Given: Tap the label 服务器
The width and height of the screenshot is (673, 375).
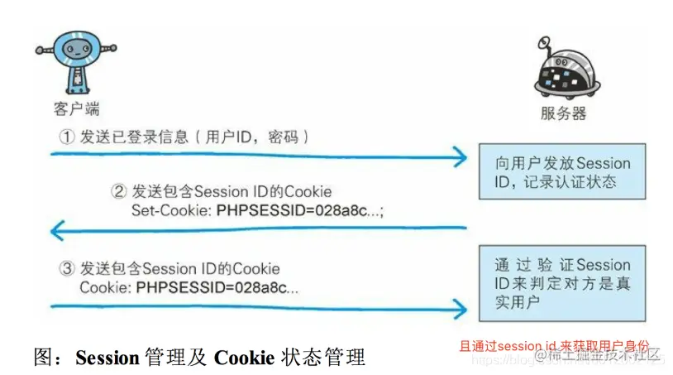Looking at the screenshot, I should (562, 113).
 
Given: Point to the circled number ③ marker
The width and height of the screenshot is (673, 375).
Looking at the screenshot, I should (66, 269).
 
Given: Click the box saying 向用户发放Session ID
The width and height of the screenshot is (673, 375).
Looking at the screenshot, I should (561, 172).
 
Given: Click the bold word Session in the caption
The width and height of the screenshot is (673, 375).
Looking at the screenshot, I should (107, 358).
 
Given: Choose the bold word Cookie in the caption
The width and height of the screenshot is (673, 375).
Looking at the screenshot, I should (243, 358).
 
